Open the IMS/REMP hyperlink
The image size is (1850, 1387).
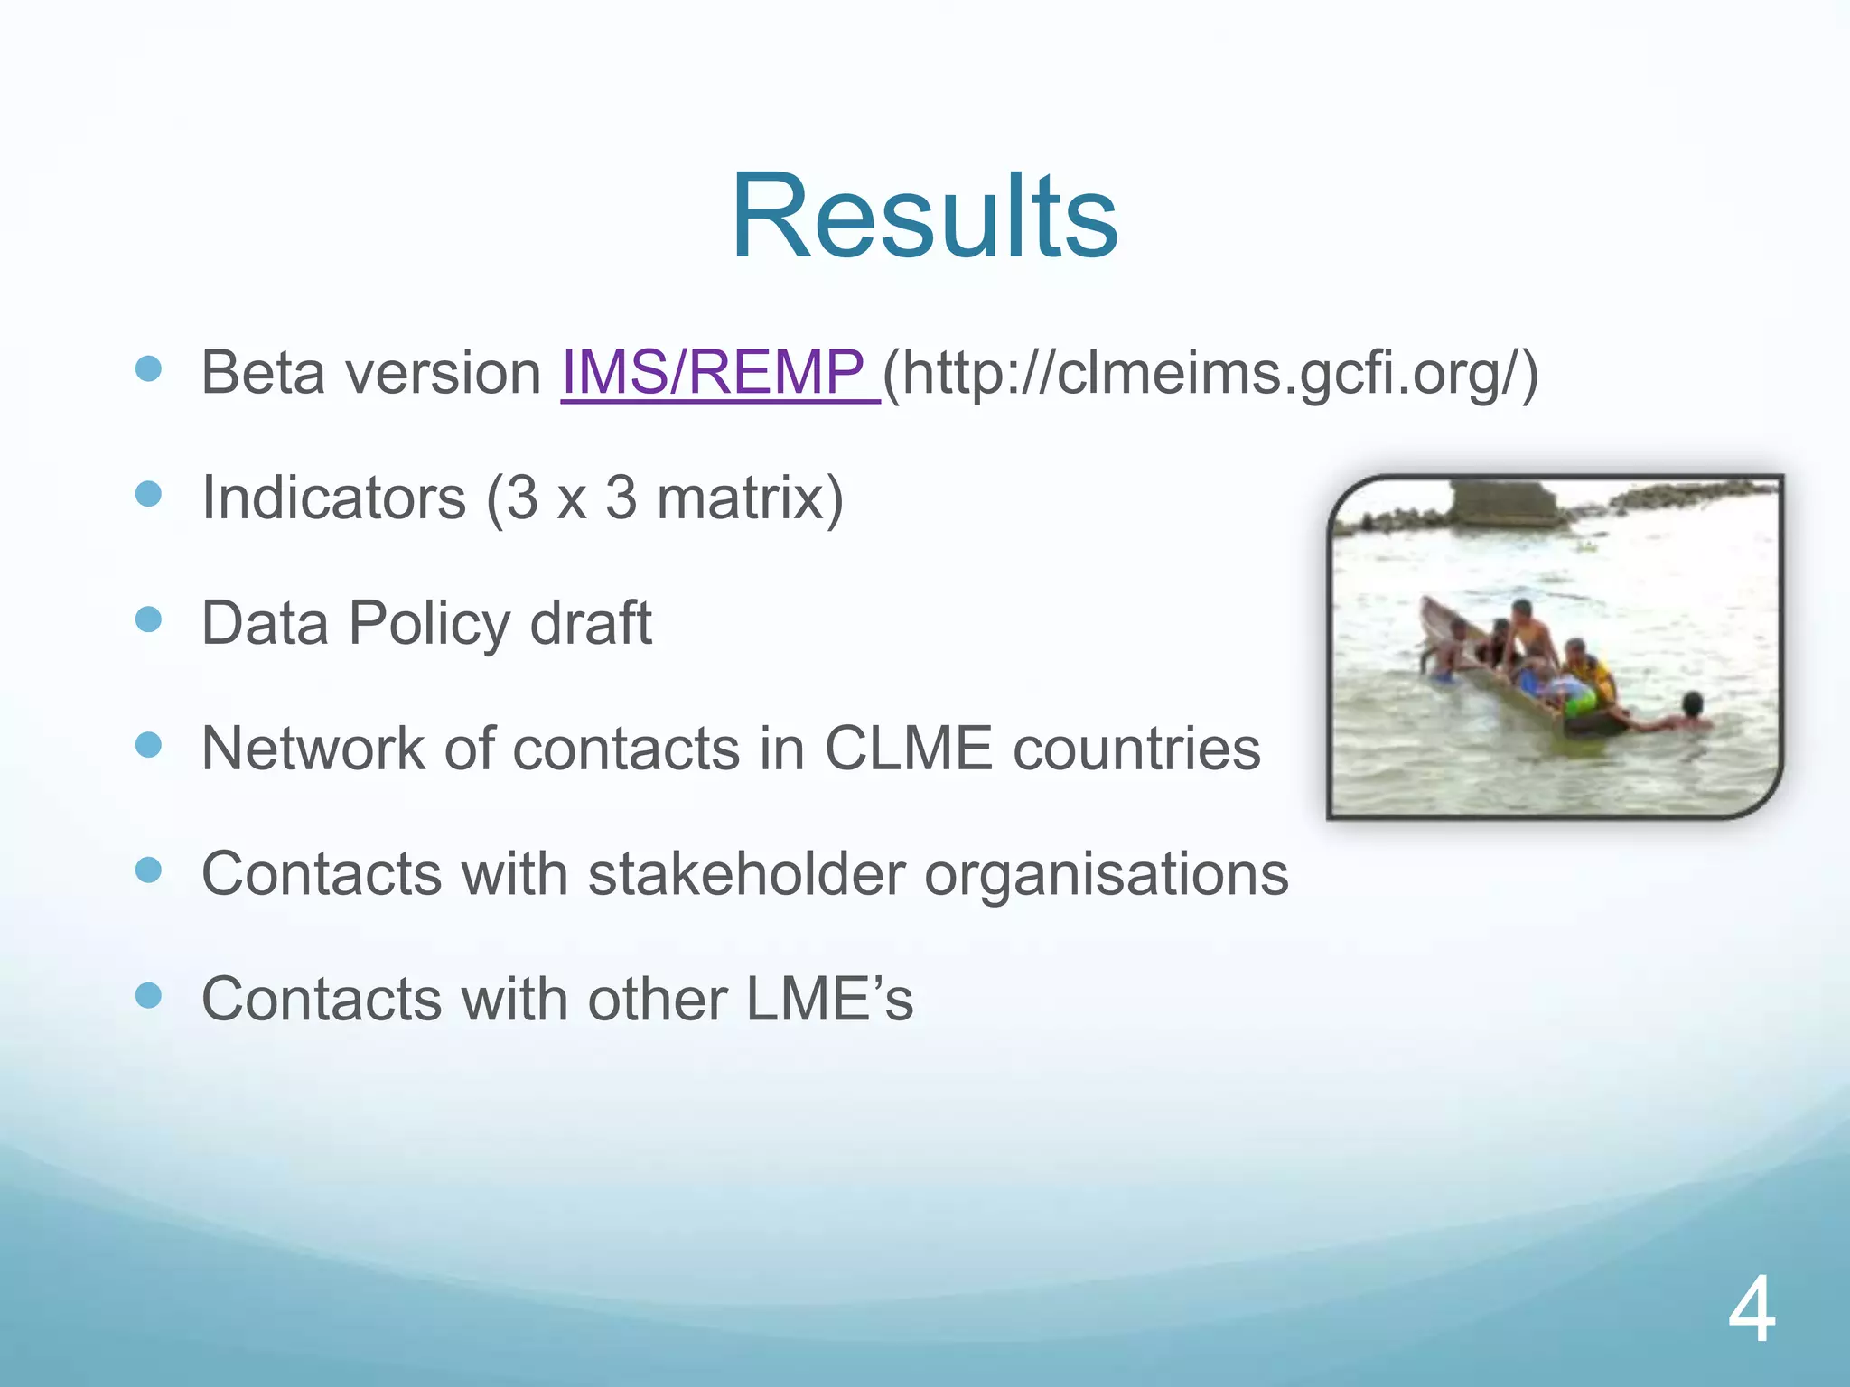point(719,372)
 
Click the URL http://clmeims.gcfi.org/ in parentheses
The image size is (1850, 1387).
point(1210,372)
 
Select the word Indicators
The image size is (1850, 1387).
point(333,498)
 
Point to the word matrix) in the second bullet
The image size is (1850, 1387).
point(750,498)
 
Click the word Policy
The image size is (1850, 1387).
point(429,623)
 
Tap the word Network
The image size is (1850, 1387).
point(312,749)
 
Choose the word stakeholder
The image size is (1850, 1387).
point(746,874)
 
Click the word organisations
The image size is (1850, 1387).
point(1107,874)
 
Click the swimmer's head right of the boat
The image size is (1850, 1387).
point(1692,702)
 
